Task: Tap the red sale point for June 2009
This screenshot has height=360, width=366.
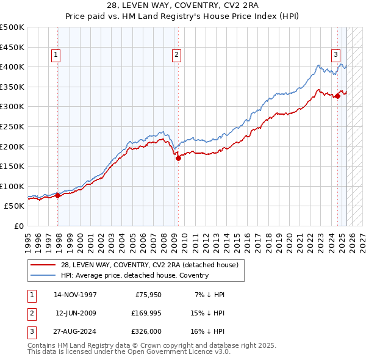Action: tap(178, 158)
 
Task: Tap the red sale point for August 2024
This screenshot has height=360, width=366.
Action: tap(337, 96)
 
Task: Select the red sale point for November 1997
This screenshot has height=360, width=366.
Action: tap(58, 195)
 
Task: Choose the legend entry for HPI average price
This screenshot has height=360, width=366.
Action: tap(134, 275)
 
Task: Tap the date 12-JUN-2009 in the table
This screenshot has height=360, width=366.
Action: tap(76, 313)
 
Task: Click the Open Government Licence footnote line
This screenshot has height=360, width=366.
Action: tap(129, 352)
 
